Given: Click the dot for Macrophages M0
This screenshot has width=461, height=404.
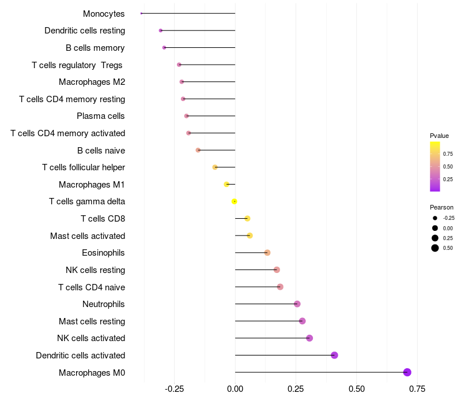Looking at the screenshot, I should click(x=407, y=372).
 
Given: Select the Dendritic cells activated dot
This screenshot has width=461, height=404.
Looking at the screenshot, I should click(x=334, y=355).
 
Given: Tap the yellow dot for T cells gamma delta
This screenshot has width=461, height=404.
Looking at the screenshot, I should click(x=235, y=201).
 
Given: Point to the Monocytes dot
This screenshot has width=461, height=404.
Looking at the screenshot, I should click(x=141, y=13).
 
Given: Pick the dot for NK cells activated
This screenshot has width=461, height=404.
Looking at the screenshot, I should click(x=309, y=338).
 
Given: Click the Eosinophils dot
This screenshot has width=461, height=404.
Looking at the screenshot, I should click(x=267, y=253).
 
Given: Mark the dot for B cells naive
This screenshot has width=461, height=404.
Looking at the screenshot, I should click(x=198, y=150).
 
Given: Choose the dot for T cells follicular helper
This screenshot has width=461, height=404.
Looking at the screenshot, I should click(x=215, y=167).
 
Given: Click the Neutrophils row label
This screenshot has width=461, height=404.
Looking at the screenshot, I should click(x=104, y=304).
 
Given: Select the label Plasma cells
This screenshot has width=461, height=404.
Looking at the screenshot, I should click(x=101, y=116).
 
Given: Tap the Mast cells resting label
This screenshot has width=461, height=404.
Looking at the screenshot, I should click(x=92, y=321).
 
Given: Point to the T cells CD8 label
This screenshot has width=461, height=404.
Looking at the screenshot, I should click(x=103, y=219).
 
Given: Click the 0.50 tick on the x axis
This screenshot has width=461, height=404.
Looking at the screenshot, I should click(x=357, y=389).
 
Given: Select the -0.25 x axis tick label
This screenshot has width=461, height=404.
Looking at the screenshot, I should click(x=174, y=389).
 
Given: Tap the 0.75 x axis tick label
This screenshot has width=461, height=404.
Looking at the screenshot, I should click(x=417, y=389).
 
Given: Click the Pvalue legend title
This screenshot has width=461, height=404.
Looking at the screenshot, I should click(x=439, y=136).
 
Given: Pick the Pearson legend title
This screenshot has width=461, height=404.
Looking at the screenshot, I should click(x=441, y=207).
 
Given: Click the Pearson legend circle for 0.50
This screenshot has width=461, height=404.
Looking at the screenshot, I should click(x=435, y=248).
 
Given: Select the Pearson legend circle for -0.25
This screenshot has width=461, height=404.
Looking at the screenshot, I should click(x=435, y=218).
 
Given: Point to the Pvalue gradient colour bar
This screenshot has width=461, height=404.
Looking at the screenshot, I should click(x=435, y=166).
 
